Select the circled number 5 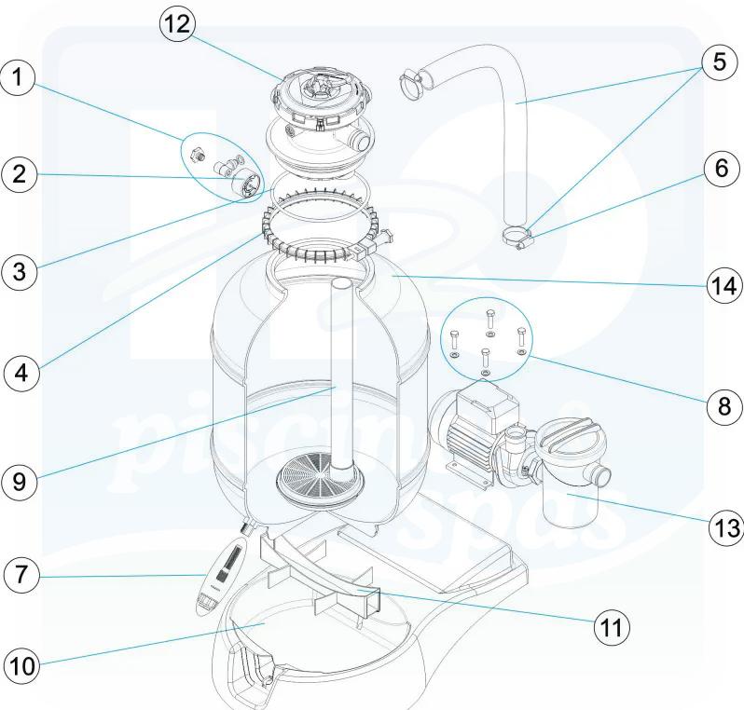718,64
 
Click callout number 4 22,373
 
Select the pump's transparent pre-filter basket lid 566,438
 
